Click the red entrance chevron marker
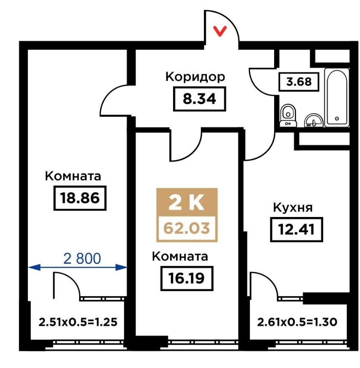220,31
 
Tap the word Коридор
195,77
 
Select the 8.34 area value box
200,99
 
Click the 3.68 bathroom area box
299,82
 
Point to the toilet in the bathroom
288,116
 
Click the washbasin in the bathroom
314,121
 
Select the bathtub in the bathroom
337,97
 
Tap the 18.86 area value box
80,198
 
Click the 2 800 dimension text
82,258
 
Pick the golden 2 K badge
187,215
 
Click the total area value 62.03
187,228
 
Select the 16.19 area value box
187,278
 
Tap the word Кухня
293,208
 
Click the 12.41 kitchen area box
297,229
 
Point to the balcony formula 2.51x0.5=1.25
78,322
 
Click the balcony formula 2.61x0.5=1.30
297,322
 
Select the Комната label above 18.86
73,176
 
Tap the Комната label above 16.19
180,256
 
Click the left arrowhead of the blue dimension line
34,267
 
